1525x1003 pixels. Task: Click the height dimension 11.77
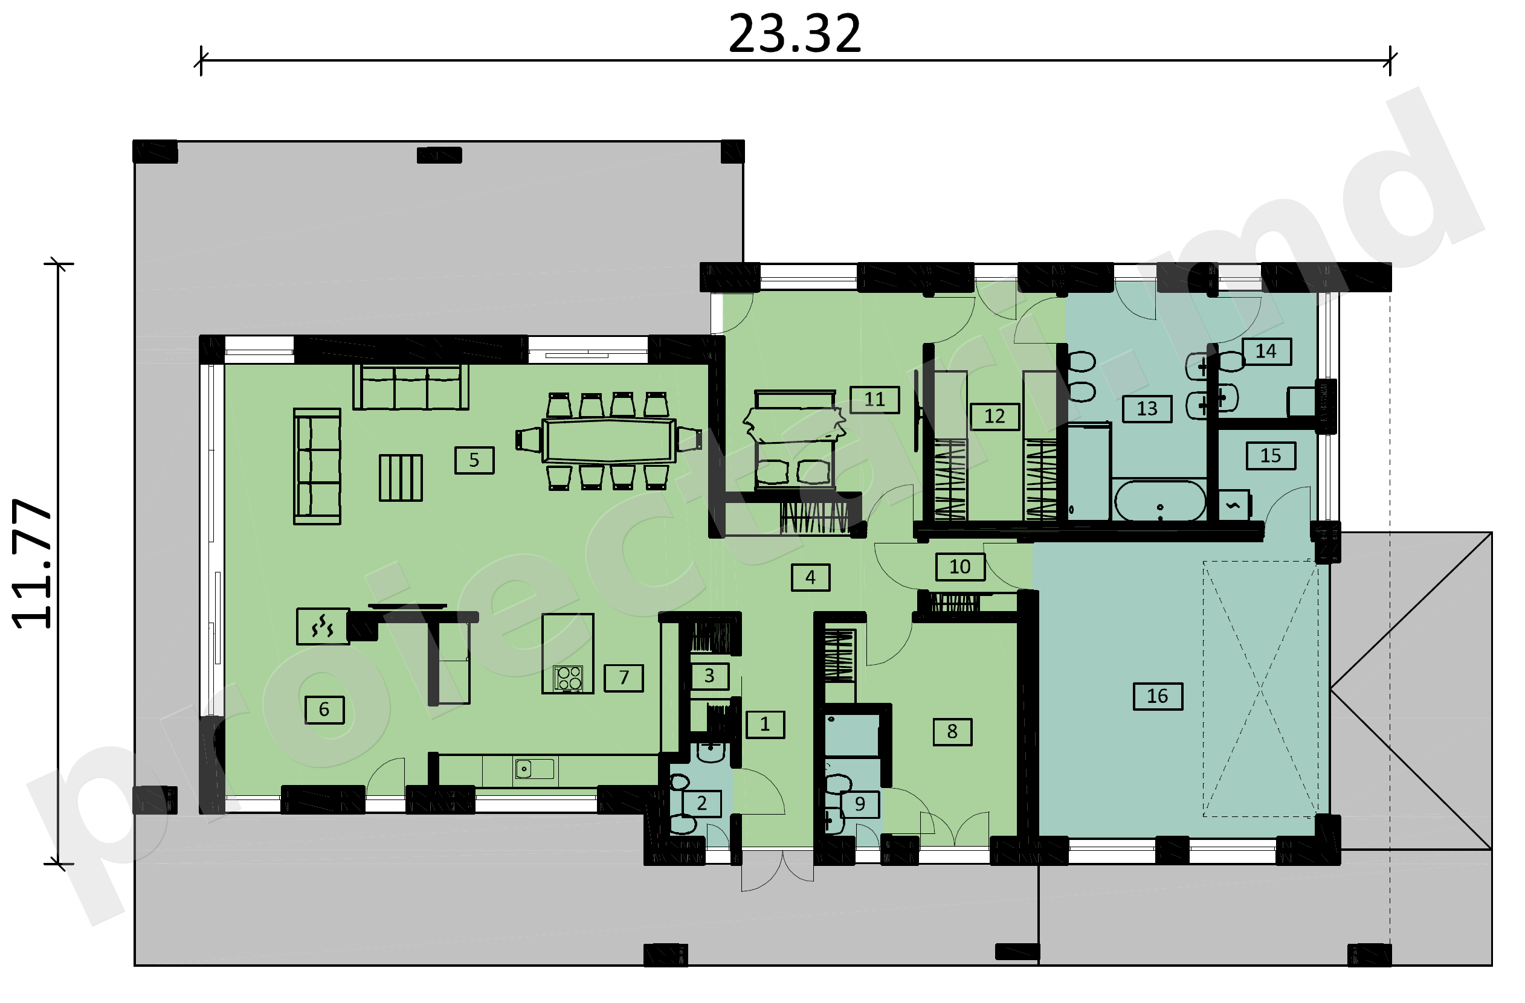point(32,563)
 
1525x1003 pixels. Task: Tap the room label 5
point(474,460)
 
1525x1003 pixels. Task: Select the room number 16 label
point(1157,696)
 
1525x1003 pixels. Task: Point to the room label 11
point(875,400)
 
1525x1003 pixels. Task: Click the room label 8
point(952,731)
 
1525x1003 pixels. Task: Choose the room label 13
point(1147,409)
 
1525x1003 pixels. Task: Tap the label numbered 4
point(811,577)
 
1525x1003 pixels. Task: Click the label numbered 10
point(960,567)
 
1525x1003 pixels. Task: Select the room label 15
point(1271,456)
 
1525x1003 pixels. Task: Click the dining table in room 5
point(608,440)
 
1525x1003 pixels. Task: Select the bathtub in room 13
point(1161,501)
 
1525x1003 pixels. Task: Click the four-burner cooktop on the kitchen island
point(569,678)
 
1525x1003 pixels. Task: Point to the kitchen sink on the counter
point(534,768)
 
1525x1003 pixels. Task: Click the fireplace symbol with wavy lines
point(323,626)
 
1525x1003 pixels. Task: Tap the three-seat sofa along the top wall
point(411,387)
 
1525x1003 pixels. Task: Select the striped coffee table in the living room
point(401,478)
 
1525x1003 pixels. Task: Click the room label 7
point(624,678)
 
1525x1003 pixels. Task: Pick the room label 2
point(701,803)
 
